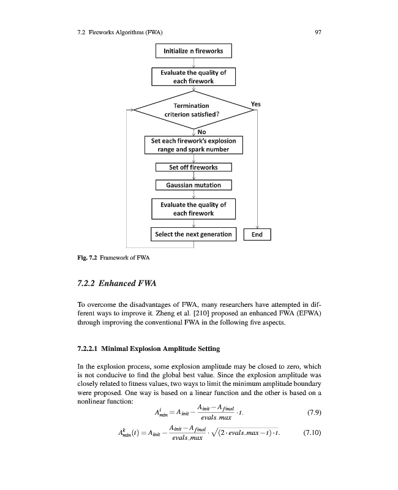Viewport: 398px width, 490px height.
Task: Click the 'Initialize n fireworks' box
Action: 193,50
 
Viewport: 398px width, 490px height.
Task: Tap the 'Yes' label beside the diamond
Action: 256,104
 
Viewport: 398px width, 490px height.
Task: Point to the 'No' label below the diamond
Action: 201,131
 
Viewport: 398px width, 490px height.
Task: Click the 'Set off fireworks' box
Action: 193,167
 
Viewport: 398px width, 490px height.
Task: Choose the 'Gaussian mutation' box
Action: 193,185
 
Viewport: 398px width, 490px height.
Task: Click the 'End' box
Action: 257,235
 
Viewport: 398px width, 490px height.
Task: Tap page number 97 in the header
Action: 318,32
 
